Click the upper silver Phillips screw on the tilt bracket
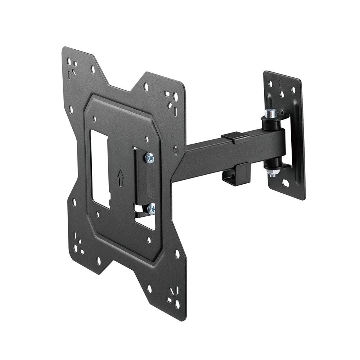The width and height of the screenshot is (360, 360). (149, 157)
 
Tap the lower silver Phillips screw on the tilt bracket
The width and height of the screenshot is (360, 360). (152, 208)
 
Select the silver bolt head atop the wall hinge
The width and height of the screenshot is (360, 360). (271, 113)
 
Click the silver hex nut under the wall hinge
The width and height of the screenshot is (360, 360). (272, 173)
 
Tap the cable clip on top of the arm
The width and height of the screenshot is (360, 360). (234, 137)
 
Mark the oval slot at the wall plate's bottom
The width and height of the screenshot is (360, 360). (285, 183)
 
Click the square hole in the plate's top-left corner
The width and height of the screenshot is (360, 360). (75, 64)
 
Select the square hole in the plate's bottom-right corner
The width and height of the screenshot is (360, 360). (169, 300)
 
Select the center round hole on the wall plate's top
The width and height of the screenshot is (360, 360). (281, 94)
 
